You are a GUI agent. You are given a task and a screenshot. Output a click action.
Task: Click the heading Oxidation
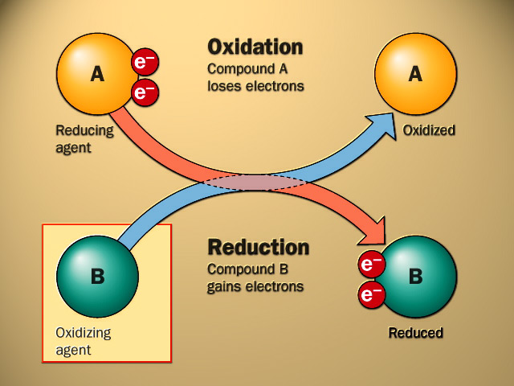pos(255,46)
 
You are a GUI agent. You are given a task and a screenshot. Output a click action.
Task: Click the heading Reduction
pos(258,247)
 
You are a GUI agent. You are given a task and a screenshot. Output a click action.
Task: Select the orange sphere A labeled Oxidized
pos(415,74)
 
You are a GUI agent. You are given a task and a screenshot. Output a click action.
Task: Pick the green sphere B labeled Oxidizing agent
pos(96,277)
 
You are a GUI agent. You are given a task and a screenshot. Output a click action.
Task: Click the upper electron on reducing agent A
pos(145,62)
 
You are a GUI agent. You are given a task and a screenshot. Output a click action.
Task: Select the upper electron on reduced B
pos(371,265)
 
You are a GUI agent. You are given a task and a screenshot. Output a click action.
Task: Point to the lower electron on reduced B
pos(371,295)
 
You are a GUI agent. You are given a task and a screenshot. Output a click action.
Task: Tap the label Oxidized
pos(429,130)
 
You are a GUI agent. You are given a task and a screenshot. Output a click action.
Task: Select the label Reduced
pos(415,332)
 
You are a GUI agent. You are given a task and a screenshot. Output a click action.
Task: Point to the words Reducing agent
pos(84,138)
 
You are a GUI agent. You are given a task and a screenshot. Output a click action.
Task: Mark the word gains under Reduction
pos(226,286)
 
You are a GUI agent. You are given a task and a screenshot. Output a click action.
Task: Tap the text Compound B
pos(247,269)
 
